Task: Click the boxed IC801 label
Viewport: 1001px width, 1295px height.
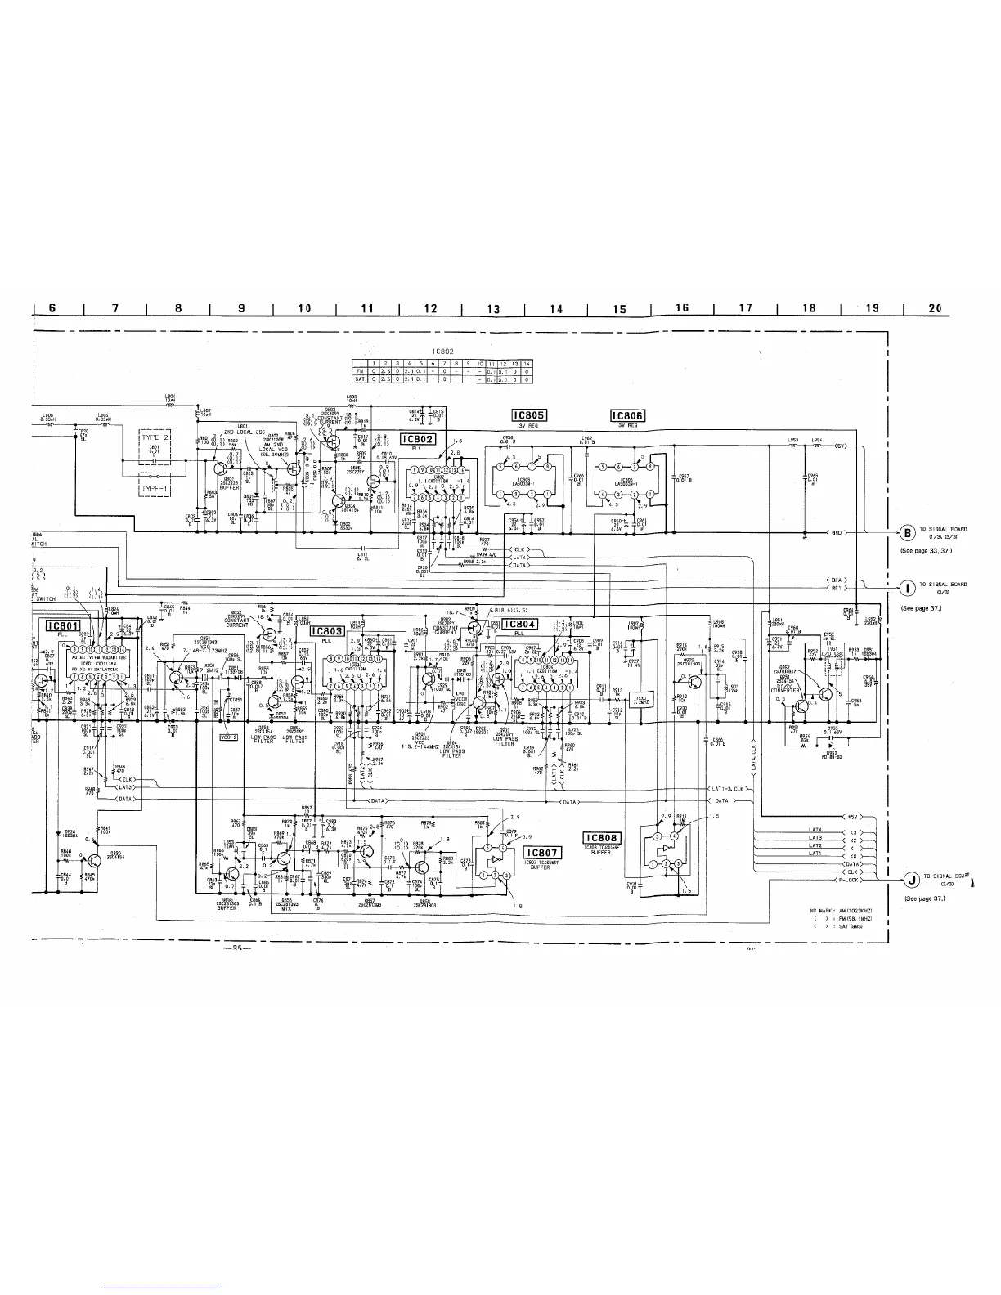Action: [62, 626]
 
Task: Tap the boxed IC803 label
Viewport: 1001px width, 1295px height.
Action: [326, 631]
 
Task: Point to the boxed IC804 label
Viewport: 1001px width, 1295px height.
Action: [519, 625]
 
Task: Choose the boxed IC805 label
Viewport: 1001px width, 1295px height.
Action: [529, 415]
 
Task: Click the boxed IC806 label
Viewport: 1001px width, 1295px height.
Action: [628, 415]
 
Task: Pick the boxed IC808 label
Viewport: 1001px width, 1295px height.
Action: [603, 838]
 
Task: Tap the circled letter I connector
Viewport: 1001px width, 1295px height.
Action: [907, 588]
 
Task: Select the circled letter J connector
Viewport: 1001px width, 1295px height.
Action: [910, 880]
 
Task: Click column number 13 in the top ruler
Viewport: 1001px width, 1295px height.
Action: [493, 309]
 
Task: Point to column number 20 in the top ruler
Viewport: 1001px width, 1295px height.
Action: [936, 308]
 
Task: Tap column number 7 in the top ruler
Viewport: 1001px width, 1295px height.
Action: [115, 308]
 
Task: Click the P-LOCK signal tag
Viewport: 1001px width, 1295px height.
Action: [849, 881]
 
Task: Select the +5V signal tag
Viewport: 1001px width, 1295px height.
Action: [853, 817]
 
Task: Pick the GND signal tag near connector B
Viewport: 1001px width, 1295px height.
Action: [837, 533]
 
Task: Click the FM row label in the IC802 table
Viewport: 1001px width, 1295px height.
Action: [357, 370]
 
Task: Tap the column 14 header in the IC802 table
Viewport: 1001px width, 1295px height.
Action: [527, 363]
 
